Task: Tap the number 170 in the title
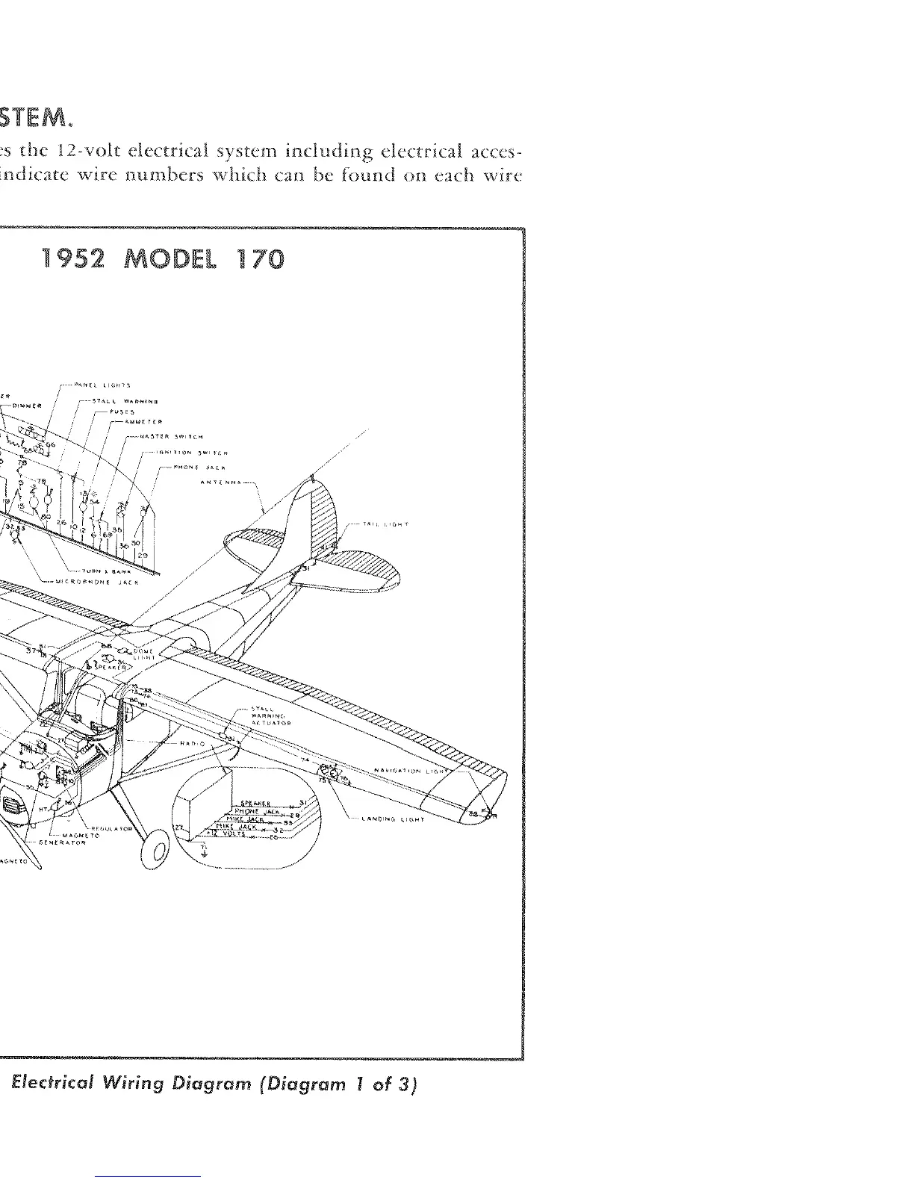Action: coord(261,259)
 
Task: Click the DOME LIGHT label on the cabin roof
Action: coord(143,654)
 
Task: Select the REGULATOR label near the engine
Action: coord(111,828)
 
